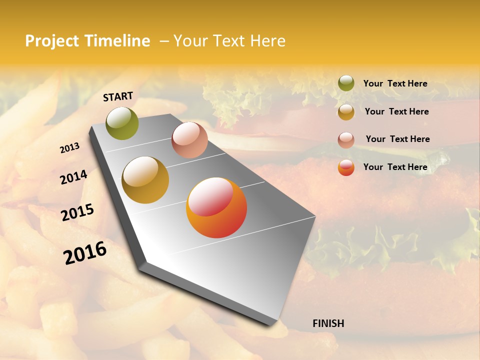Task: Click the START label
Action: [118, 96]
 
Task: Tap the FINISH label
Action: [328, 323]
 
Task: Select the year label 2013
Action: [70, 148]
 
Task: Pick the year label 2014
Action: [73, 177]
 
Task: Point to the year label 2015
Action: [77, 212]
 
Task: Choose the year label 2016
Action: [85, 253]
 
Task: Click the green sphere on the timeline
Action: [122, 123]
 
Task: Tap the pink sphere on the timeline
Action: [189, 140]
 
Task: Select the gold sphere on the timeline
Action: [145, 180]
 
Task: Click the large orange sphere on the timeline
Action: [216, 208]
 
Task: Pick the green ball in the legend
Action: [346, 83]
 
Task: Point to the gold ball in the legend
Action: [346, 111]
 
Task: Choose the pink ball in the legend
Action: [346, 139]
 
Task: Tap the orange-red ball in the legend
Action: [346, 167]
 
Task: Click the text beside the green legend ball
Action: [395, 83]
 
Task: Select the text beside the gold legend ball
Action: [396, 111]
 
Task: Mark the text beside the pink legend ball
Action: [397, 139]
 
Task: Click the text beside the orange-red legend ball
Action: [395, 167]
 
